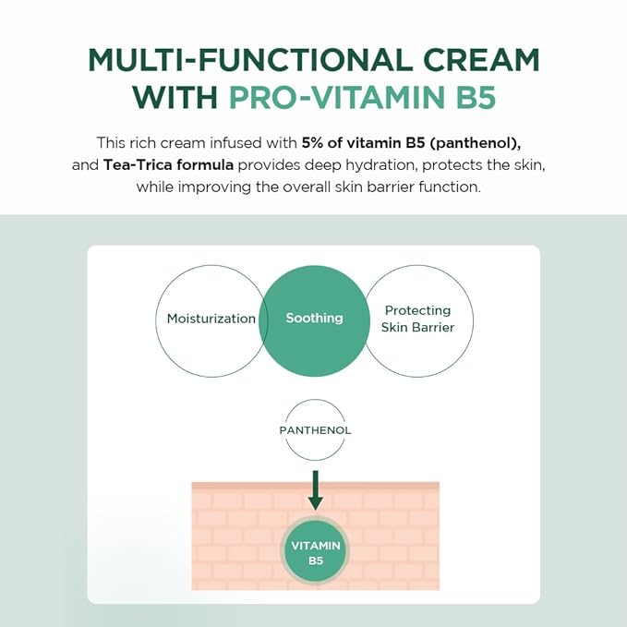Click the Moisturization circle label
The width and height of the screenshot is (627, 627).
coord(211,319)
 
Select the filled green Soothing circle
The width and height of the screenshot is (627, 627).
coord(314,319)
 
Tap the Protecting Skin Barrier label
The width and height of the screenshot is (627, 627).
coord(417,319)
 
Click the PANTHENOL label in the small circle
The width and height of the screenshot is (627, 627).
coord(315,430)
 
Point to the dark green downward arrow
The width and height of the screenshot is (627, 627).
coord(315,489)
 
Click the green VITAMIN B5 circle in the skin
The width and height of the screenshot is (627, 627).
coord(316,552)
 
